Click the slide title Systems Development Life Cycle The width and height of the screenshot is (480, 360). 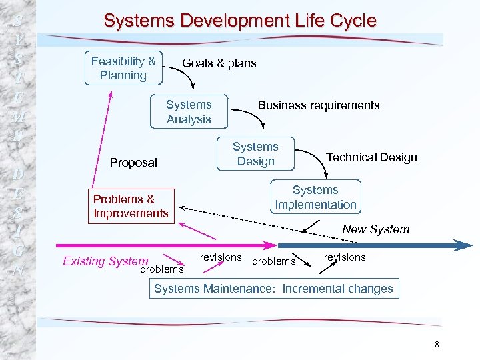coord(240,21)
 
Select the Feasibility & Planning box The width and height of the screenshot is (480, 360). coord(123,68)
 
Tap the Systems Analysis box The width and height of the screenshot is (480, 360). coord(189,112)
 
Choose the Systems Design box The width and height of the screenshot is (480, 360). coord(255,154)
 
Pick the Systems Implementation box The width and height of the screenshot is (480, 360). coord(315,197)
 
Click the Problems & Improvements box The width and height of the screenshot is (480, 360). coord(131,206)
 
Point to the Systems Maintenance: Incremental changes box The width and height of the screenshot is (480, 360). coord(273,289)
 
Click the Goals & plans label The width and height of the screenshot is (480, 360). coord(219,63)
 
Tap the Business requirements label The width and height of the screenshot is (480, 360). coord(319,105)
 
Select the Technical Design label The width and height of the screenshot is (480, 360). coord(371,157)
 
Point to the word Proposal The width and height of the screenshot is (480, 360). coord(133,163)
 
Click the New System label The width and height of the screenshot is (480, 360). coord(376,229)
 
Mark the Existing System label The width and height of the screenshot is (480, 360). coord(105,261)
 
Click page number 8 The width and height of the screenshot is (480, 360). coord(437,345)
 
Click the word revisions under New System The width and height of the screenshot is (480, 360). coord(345,257)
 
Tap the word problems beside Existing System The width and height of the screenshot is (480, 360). coord(161,269)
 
